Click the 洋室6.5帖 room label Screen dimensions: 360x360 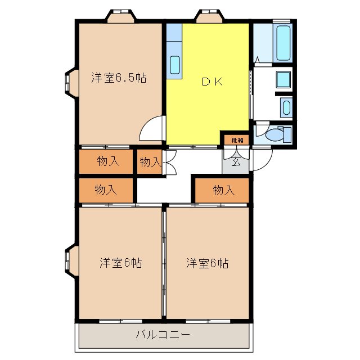coord(119,78)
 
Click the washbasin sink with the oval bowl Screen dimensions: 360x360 coord(286,107)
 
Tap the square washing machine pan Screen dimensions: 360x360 coord(283,79)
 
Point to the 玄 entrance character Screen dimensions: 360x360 coord(236,163)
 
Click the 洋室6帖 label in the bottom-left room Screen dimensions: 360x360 coord(120,263)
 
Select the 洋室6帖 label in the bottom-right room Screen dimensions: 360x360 coord(207,263)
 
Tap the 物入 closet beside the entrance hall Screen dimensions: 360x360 coord(223,190)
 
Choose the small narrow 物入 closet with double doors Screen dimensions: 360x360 coord(150,163)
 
